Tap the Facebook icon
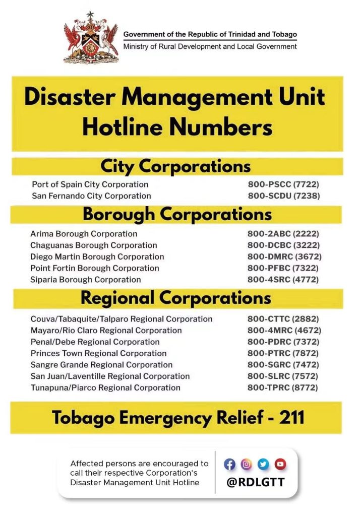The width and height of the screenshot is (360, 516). [x=230, y=464]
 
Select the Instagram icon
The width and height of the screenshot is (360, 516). [x=247, y=464]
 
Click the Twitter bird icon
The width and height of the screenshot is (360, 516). [x=263, y=464]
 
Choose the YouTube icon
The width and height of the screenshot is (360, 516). [x=280, y=464]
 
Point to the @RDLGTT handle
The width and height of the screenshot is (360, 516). [x=255, y=482]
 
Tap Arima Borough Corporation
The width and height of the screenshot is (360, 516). [x=84, y=234]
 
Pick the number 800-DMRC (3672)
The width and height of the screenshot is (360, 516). [x=284, y=256]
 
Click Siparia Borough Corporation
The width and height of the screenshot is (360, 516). [x=86, y=280]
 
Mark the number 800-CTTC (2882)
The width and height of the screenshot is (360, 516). [x=283, y=319]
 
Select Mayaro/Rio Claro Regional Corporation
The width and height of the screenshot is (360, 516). [x=106, y=331]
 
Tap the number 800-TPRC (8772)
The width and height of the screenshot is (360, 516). [x=283, y=388]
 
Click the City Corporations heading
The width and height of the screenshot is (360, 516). [x=175, y=166]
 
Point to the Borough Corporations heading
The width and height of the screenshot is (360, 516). [x=177, y=215]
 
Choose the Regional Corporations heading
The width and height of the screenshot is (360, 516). [x=176, y=298]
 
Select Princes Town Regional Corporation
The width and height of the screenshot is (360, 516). [x=99, y=353]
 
